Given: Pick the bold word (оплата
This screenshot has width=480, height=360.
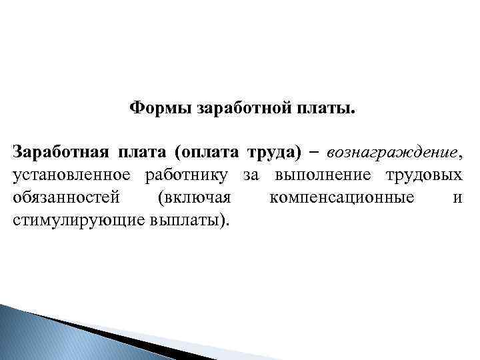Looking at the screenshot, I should pos(207,153).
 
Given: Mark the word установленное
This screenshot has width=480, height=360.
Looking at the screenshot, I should pos(73,175).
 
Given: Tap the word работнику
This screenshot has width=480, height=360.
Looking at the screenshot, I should pos(186,175).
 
